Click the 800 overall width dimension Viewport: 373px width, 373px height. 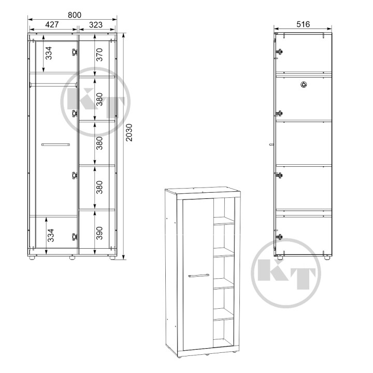(75, 15)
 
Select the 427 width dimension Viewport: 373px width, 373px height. (52, 24)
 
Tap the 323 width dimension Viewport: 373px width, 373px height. (96, 25)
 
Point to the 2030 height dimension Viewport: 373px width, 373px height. (129, 133)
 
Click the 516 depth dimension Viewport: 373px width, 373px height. (303, 24)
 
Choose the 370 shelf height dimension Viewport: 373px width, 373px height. (99, 55)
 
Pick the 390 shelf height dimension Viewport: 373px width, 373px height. (99, 233)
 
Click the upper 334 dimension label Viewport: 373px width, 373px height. (49, 53)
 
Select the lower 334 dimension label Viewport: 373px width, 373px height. (51, 235)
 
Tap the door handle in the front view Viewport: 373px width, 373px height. (55, 145)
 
